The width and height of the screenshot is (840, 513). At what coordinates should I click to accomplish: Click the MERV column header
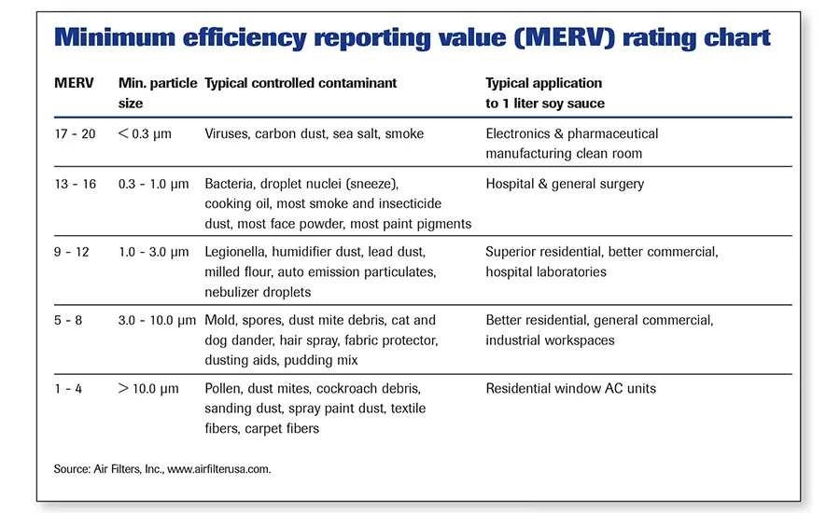[x=74, y=83]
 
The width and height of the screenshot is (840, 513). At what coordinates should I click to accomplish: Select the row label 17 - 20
[x=76, y=133]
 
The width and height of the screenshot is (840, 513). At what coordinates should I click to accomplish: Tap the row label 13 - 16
[x=76, y=184]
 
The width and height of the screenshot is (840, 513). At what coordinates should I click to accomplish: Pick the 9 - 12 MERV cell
[x=73, y=252]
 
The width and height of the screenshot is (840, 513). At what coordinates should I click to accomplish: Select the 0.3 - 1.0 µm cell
[x=153, y=184]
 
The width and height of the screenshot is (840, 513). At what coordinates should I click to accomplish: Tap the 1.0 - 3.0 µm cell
[x=153, y=252]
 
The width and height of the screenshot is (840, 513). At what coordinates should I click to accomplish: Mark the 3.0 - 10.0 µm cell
[x=157, y=320]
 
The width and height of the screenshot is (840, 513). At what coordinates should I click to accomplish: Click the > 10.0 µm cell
[x=149, y=388]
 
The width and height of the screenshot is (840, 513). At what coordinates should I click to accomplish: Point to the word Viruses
[x=228, y=133]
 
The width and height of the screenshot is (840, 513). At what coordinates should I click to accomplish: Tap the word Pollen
[x=225, y=388]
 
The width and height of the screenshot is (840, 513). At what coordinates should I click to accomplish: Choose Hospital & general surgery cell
[x=565, y=184]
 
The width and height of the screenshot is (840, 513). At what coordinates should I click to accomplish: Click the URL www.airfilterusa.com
[x=219, y=469]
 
